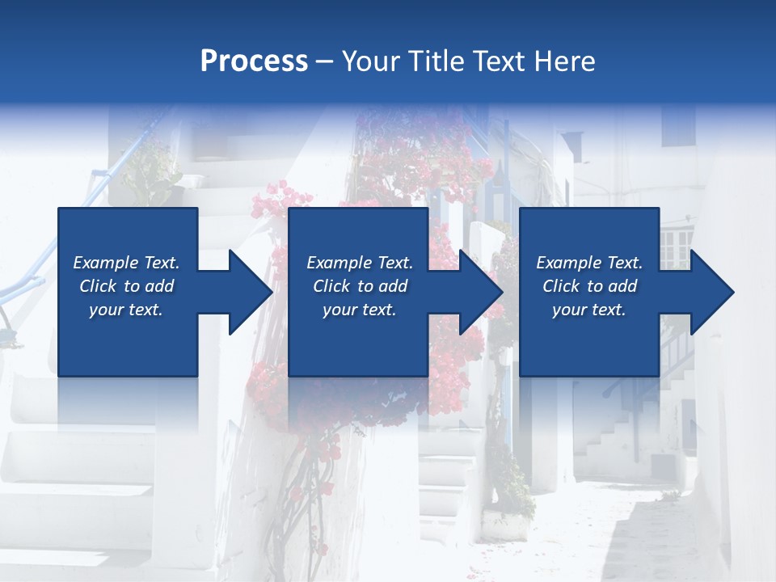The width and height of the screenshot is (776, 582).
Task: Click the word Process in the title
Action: (x=254, y=61)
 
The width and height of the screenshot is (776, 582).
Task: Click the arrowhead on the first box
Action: (x=247, y=292)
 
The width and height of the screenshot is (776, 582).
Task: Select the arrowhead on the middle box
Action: (x=479, y=292)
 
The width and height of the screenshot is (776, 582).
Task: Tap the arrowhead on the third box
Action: (x=710, y=292)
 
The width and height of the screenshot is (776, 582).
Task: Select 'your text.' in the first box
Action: (x=126, y=310)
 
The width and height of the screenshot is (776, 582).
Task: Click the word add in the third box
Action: (x=618, y=286)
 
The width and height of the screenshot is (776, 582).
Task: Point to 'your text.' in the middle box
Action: (x=359, y=310)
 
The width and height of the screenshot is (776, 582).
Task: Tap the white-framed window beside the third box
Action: (x=676, y=247)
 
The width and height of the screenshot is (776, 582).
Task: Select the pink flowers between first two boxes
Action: (x=279, y=202)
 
